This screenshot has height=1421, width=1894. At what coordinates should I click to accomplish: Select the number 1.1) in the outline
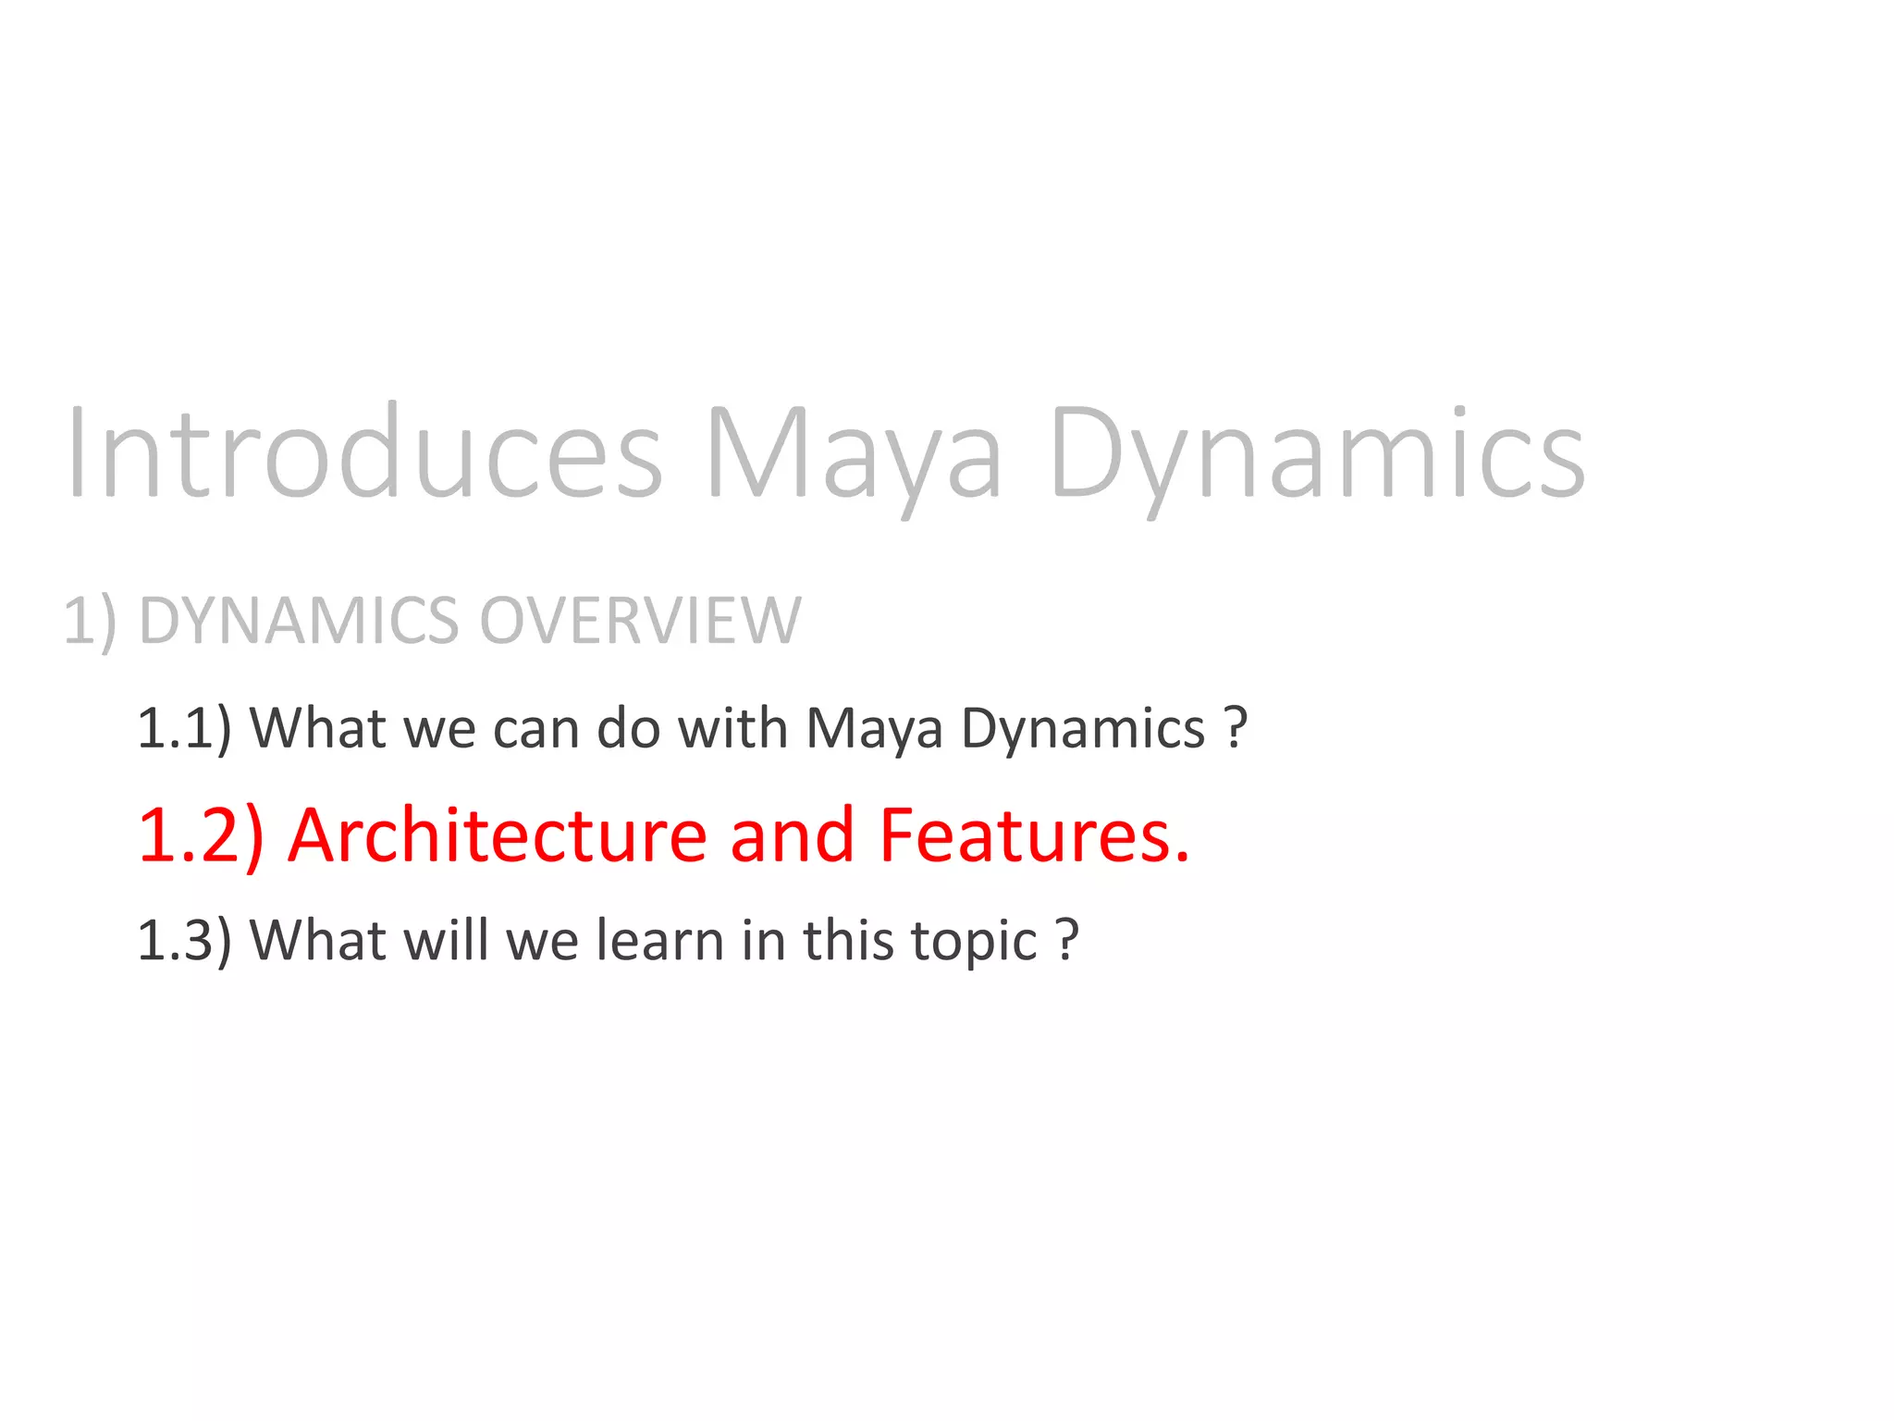click(x=184, y=729)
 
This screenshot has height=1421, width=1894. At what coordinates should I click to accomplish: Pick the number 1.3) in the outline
click(x=184, y=941)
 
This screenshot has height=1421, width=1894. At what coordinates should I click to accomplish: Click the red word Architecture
click(x=498, y=835)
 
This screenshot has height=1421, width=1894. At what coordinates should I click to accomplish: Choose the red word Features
click(x=1034, y=835)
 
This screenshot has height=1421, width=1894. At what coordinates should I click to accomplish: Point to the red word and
click(x=792, y=835)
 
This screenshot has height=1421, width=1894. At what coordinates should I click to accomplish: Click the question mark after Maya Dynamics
click(x=1236, y=729)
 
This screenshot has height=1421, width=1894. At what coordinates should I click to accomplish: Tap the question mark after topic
click(x=1067, y=941)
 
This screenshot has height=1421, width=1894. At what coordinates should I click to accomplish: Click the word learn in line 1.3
click(x=659, y=941)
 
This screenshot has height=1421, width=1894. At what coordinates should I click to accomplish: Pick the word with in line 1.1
click(x=732, y=729)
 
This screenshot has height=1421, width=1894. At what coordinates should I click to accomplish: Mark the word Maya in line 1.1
click(x=874, y=729)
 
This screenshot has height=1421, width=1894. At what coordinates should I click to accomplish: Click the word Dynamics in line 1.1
click(x=1083, y=729)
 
